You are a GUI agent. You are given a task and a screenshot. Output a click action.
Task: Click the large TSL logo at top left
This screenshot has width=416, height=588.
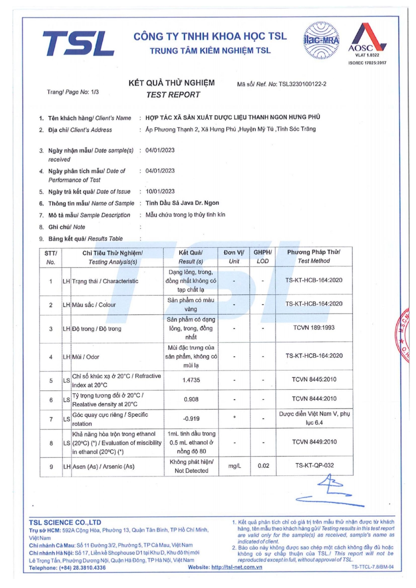click(x=78, y=43)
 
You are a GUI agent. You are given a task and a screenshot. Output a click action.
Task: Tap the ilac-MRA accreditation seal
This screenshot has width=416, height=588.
click(x=321, y=40)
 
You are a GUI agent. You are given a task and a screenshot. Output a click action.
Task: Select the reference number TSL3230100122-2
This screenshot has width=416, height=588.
click(x=302, y=84)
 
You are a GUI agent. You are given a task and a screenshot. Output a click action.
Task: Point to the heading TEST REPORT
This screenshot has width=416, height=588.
click(x=173, y=95)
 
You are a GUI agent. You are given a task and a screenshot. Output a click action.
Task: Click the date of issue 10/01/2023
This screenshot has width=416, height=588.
click(x=160, y=191)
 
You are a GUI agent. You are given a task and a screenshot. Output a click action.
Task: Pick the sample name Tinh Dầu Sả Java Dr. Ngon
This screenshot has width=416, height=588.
click(x=182, y=203)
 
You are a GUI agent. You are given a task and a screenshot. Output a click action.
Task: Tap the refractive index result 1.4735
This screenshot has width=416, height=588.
click(x=191, y=380)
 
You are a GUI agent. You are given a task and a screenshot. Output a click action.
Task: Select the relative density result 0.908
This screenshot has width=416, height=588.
click(x=191, y=399)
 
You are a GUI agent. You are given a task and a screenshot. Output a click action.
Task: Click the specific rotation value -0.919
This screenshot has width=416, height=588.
click(x=191, y=419)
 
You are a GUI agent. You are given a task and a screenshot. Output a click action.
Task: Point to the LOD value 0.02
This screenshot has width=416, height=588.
click(x=263, y=466)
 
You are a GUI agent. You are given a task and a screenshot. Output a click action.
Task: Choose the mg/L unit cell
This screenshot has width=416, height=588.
click(x=234, y=466)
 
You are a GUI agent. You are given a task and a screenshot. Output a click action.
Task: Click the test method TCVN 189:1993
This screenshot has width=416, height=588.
click(x=314, y=327)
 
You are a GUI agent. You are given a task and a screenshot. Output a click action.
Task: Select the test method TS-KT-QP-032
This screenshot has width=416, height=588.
click(x=314, y=465)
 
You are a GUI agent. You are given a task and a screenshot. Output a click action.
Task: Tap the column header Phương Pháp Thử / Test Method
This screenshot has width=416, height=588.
click(x=313, y=257)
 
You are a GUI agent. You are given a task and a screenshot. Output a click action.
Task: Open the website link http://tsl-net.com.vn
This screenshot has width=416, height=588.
click(x=237, y=567)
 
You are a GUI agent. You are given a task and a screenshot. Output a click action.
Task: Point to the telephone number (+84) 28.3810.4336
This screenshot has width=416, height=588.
click(x=83, y=568)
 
